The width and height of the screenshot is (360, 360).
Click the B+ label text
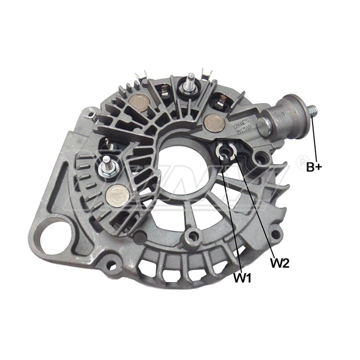tap(314, 167)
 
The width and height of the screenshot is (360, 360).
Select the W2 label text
tap(280, 262)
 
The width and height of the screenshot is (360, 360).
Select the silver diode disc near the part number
tap(213, 122)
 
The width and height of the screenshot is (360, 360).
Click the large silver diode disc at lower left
tap(116, 196)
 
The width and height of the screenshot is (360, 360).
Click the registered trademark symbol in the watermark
tap(299, 162)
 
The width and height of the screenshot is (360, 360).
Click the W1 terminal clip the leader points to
tap(223, 154)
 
